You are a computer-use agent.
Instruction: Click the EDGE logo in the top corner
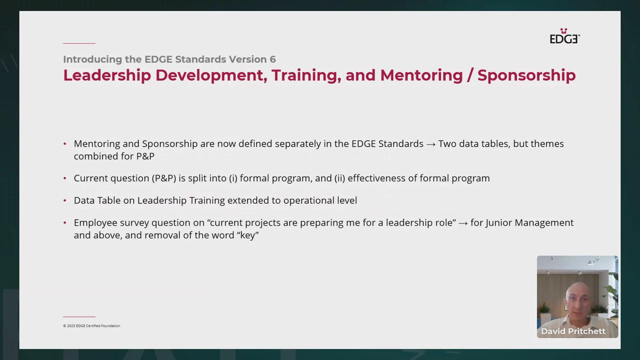point(565,36)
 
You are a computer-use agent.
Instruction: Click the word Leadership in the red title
point(107,76)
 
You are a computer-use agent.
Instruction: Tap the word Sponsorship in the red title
point(526,76)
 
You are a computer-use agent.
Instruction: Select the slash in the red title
point(470,75)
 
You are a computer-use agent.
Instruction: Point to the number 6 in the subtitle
point(273,59)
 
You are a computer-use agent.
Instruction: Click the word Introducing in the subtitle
point(93,60)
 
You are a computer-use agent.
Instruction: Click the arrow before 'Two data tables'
point(431,144)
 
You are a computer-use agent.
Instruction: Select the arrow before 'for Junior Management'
point(463,223)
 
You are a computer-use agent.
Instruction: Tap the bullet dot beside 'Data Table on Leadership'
point(65,201)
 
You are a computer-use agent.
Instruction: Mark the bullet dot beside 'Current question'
point(65,178)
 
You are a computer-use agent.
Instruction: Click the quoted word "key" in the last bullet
point(248,235)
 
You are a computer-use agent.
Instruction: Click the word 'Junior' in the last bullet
point(499,223)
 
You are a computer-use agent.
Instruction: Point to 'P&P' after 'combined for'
point(145,156)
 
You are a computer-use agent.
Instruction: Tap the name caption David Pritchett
point(573,331)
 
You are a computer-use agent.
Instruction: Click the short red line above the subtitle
point(79,43)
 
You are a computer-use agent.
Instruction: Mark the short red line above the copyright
point(79,317)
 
